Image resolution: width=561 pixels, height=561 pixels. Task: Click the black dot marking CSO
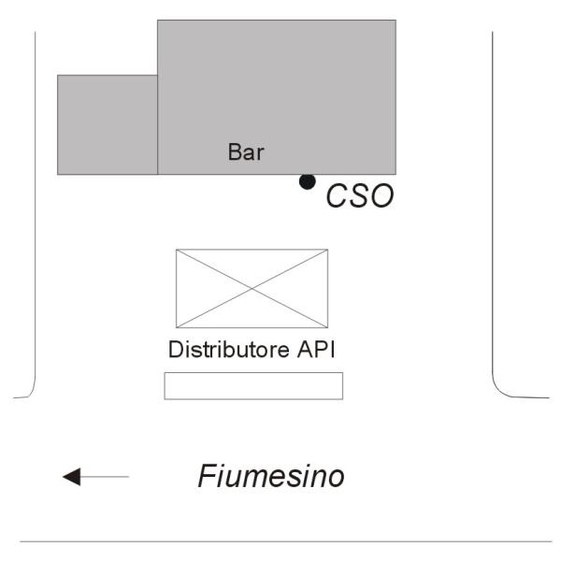tap(307, 181)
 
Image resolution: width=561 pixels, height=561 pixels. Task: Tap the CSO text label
tap(359, 197)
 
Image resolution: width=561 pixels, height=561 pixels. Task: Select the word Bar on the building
tap(246, 152)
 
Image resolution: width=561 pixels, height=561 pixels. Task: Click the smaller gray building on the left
tap(107, 124)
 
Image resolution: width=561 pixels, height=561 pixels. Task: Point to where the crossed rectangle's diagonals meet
tap(252, 288)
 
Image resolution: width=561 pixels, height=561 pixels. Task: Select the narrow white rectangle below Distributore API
tap(253, 385)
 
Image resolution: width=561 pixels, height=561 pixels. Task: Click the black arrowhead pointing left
tap(72, 478)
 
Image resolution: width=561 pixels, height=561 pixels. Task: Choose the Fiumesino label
tap(271, 477)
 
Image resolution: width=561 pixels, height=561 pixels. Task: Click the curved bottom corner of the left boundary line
tap(32, 392)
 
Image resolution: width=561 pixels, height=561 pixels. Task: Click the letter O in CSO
tap(381, 197)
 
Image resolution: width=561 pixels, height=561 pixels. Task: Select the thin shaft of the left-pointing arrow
tap(108, 478)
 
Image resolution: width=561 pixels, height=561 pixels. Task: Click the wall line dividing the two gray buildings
tap(157, 124)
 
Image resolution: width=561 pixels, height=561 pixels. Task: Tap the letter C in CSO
tap(337, 197)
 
